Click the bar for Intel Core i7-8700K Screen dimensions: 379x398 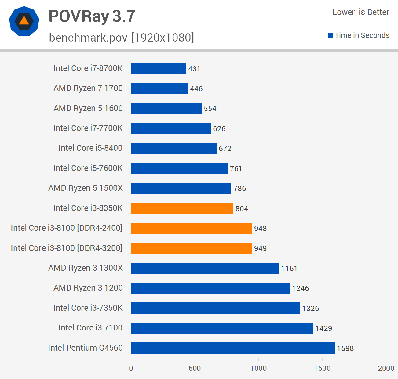[158, 68]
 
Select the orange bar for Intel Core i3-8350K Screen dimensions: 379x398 [182, 208]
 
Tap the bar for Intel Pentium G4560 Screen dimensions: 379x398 [233, 348]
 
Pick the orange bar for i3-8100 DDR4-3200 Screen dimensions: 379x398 [191, 248]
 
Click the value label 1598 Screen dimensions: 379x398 [345, 348]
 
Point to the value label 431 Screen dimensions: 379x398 [194, 69]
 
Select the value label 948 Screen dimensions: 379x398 [260, 228]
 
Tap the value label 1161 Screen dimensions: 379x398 [289, 268]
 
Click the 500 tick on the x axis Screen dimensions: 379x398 [195, 368]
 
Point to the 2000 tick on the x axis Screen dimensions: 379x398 [386, 368]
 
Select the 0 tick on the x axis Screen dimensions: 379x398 [131, 368]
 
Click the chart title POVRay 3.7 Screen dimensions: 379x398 [92, 16]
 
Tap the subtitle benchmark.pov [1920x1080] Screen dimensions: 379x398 [121, 38]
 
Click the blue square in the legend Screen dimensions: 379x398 [330, 35]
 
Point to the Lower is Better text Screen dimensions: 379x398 [360, 12]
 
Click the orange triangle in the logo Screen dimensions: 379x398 [24, 21]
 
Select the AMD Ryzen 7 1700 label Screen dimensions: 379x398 [88, 88]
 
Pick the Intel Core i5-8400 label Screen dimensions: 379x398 [90, 148]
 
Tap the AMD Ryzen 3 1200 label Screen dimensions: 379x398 [88, 288]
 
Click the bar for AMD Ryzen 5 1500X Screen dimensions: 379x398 [181, 188]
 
